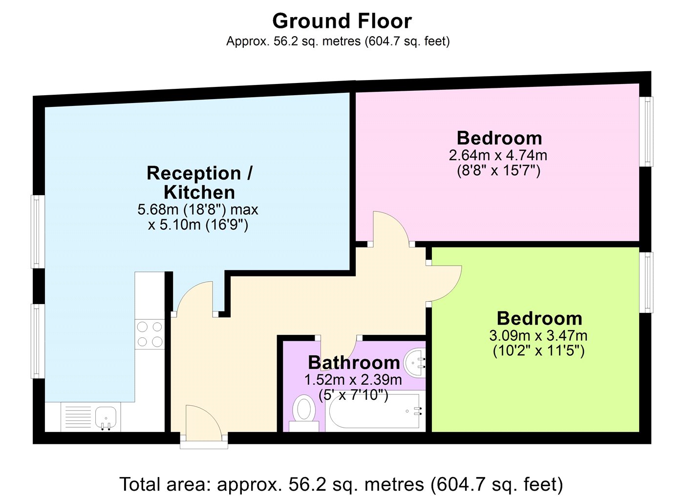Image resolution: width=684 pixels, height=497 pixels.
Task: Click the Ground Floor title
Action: point(342,21)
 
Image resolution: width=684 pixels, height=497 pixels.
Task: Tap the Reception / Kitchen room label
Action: point(199,183)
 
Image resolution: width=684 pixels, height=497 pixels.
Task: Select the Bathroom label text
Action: point(354,363)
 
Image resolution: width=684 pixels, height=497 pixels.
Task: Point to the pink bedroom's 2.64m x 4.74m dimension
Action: point(498,156)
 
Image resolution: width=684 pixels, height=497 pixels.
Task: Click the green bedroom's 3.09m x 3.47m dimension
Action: point(538,336)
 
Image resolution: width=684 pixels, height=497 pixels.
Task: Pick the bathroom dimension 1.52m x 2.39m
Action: point(353,380)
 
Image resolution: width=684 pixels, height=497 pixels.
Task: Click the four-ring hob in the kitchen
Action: point(150,334)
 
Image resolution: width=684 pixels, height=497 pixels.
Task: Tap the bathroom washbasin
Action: point(415,363)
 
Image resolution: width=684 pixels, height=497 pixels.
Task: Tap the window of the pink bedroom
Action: point(647,131)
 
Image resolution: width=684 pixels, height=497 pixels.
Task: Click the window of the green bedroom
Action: point(647,282)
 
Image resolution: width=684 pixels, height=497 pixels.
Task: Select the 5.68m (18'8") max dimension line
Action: point(198,209)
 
